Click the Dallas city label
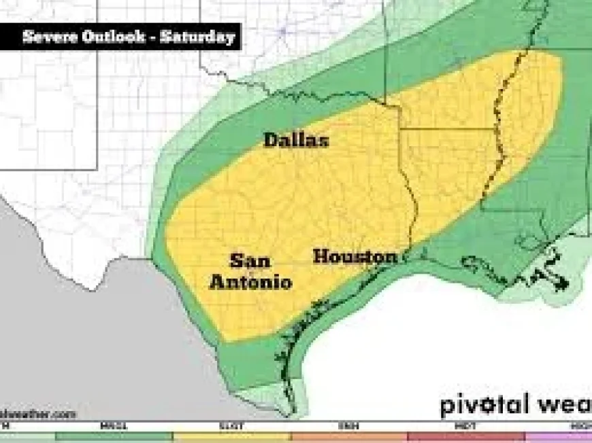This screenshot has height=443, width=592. point(296,140)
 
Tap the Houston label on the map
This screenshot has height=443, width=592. point(355,257)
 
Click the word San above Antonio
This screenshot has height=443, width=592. point(250,261)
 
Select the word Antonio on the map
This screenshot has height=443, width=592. point(250,281)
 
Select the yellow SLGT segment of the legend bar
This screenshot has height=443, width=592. point(231,436)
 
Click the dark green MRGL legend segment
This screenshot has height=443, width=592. point(114,436)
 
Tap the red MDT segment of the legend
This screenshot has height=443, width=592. point(466,436)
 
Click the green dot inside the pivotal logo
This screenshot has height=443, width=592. point(487,406)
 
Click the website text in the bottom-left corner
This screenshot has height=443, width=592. point(37,414)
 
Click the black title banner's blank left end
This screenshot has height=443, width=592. point(10,37)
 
